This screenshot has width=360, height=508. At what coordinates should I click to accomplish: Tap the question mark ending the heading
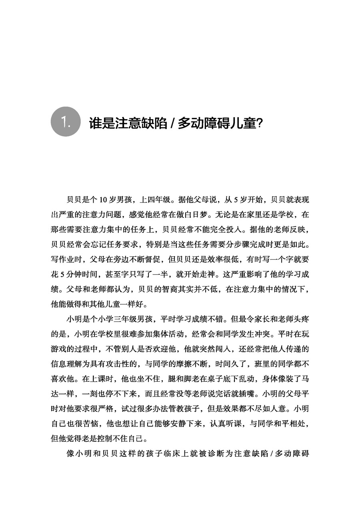click(259, 123)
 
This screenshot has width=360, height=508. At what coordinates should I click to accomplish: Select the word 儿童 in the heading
click(242, 123)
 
